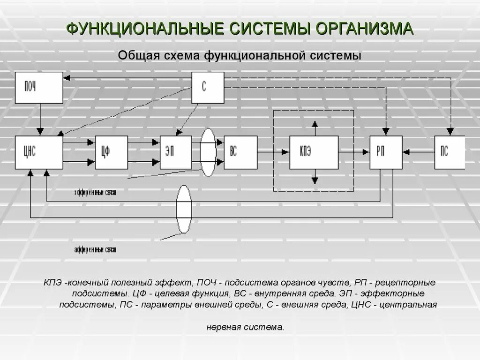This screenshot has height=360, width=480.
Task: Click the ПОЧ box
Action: click(x=39, y=87)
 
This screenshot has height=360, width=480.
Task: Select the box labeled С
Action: click(x=208, y=87)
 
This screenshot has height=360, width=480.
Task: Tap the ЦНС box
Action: click(x=39, y=152)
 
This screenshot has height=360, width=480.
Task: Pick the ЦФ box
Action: click(x=111, y=152)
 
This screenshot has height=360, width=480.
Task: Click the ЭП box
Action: click(x=176, y=152)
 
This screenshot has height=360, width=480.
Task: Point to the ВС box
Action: click(x=240, y=152)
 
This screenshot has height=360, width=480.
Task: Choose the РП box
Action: click(x=386, y=152)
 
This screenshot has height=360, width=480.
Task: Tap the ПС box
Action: click(x=449, y=152)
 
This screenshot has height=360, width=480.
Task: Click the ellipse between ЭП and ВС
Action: click(x=208, y=152)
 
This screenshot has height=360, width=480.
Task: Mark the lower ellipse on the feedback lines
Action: click(x=184, y=209)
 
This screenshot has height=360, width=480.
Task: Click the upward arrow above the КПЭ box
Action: click(x=315, y=125)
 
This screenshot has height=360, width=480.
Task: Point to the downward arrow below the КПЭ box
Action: click(x=315, y=179)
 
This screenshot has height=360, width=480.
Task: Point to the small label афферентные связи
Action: click(x=95, y=249)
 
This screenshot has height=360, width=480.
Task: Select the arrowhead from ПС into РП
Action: click(x=406, y=152)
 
